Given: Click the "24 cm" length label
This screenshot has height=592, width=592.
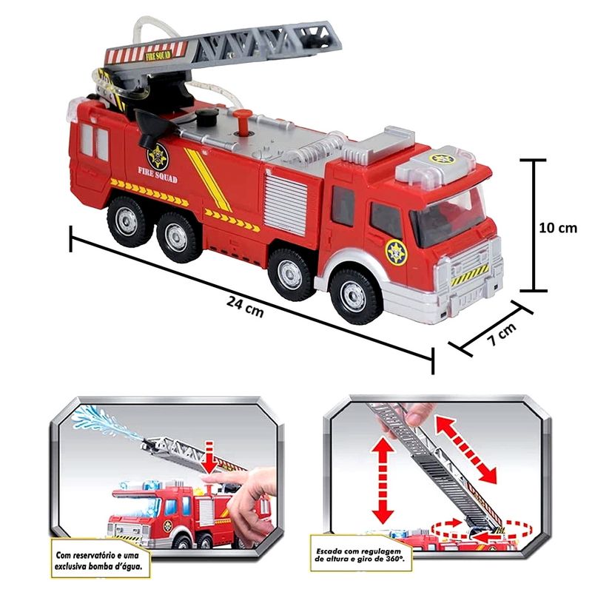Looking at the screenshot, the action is [x=245, y=306].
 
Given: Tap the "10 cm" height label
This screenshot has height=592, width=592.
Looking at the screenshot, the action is [x=558, y=228].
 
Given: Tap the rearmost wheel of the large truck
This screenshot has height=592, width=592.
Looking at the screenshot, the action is [x=127, y=222].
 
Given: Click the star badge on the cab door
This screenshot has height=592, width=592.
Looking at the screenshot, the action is [x=397, y=252].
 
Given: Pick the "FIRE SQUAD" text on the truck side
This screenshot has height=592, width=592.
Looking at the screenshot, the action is [x=158, y=175].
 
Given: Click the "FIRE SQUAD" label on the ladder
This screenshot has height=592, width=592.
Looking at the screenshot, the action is [x=158, y=56].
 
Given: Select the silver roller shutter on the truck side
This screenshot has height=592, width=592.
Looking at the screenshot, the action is [x=286, y=201].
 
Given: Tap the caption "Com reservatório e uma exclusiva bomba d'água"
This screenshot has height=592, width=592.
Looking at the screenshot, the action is [x=100, y=561].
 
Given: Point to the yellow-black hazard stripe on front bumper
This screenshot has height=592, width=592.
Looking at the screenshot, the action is [x=470, y=275].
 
